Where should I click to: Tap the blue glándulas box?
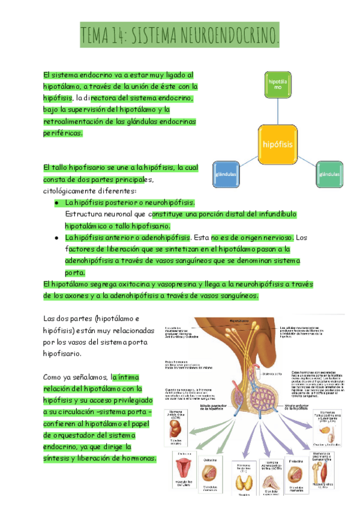click(x=225, y=175)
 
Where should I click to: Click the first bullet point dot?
click(x=56, y=203)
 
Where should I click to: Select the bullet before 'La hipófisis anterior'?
click(x=56, y=238)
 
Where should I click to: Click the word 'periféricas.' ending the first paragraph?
click(x=63, y=133)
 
